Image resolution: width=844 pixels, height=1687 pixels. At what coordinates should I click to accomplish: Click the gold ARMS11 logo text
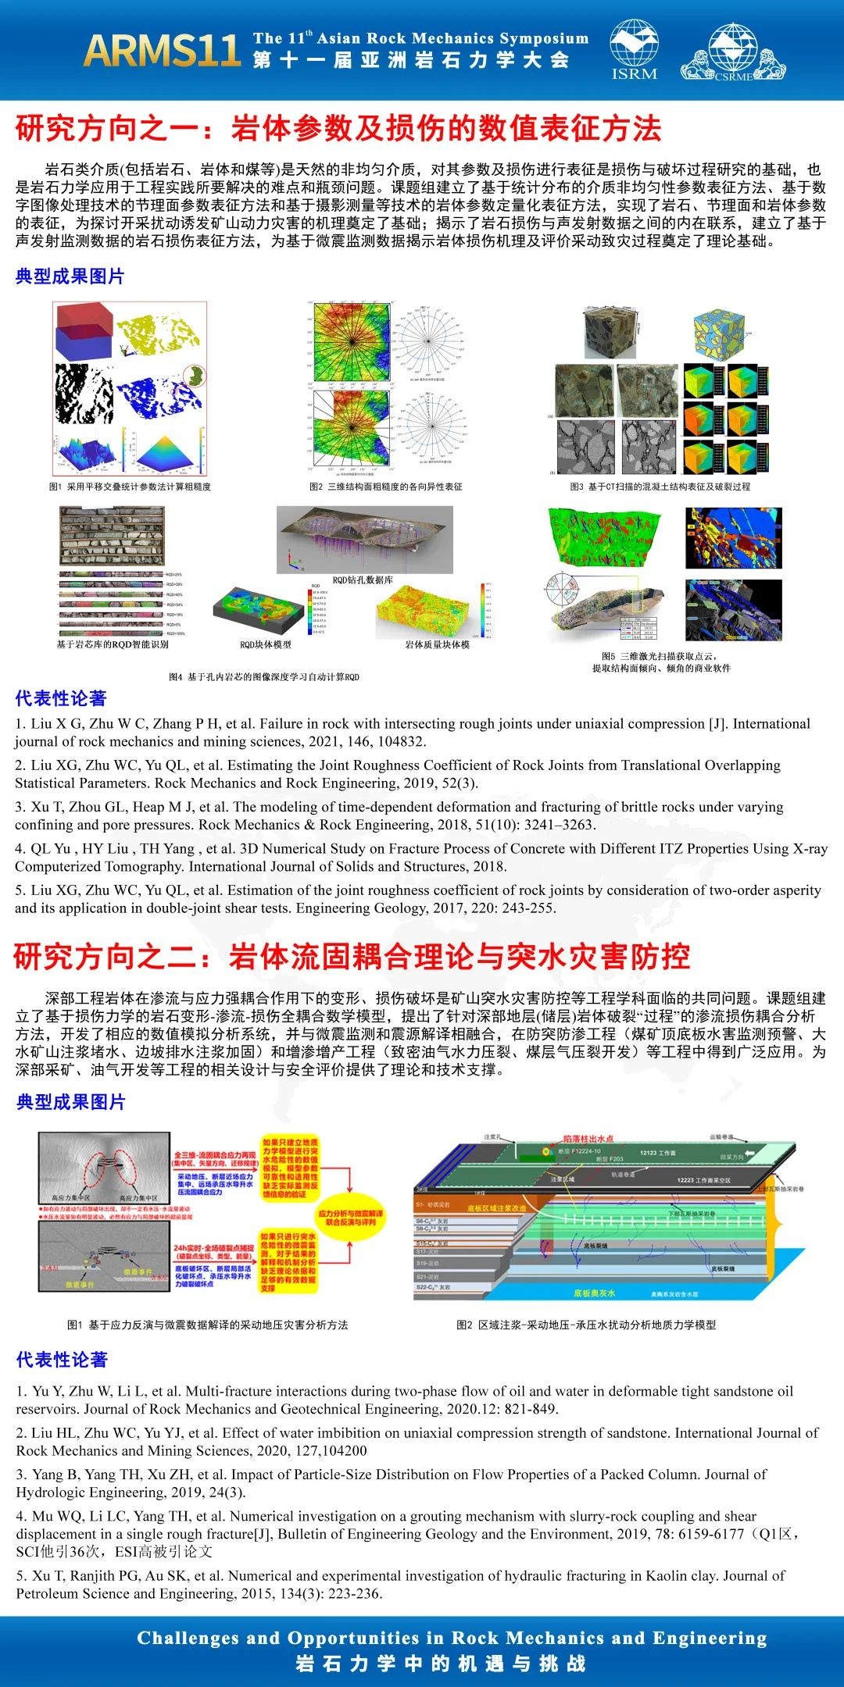[162, 50]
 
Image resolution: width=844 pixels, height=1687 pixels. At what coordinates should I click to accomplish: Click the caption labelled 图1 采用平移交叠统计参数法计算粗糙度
[130, 487]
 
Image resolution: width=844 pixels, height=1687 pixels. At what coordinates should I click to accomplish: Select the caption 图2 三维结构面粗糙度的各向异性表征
[386, 487]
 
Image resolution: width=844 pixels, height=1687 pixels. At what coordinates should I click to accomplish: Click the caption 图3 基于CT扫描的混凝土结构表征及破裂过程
[660, 487]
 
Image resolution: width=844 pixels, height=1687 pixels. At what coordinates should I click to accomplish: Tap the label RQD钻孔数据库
[363, 580]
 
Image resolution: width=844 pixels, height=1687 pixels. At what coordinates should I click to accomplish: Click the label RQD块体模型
[265, 644]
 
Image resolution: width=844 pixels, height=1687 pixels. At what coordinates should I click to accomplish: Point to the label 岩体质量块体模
[437, 644]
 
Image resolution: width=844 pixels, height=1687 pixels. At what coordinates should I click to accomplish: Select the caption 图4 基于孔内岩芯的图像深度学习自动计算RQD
[264, 677]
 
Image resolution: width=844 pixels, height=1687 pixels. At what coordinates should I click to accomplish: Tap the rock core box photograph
[112, 536]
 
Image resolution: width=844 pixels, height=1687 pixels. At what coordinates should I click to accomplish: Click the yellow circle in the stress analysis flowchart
[350, 1218]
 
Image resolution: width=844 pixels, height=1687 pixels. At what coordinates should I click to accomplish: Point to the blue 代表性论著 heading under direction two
[62, 1360]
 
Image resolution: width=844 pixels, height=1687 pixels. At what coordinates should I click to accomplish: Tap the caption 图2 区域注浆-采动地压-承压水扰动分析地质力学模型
[586, 1325]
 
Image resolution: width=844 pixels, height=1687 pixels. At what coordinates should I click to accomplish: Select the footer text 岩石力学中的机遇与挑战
[441, 1664]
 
